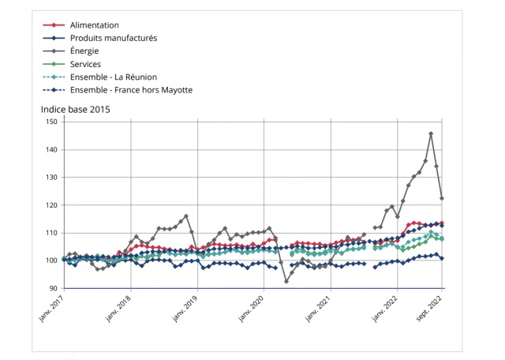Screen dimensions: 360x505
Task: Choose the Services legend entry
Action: tap(85, 64)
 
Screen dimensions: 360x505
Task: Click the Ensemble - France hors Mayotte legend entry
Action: tap(131, 90)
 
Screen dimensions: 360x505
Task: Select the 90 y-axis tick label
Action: tap(53, 288)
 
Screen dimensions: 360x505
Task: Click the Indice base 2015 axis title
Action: tap(75, 109)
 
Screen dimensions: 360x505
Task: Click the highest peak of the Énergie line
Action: tap(431, 133)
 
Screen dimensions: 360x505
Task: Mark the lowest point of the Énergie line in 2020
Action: tap(286, 281)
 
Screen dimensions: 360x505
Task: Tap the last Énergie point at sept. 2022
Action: tap(442, 198)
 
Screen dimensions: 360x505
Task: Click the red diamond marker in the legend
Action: tap(54, 25)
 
